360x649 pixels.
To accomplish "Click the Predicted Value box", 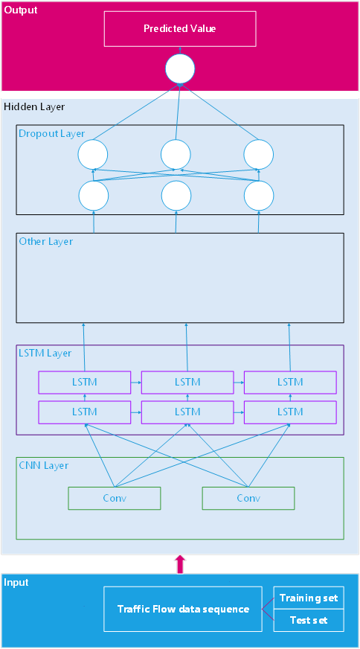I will pyautogui.click(x=179, y=28).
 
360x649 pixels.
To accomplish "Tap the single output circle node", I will pyautogui.click(x=179, y=69).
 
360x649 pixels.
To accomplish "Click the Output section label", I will pyautogui.click(x=20, y=10).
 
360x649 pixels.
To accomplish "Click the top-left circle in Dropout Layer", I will pyautogui.click(x=93, y=155).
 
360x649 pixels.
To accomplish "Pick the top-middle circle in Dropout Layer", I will pyautogui.click(x=176, y=155).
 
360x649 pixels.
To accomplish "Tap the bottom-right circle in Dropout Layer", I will pyautogui.click(x=259, y=196).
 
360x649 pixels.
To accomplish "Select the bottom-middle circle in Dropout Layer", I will pyautogui.click(x=176, y=196).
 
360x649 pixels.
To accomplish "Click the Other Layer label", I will pyautogui.click(x=45, y=242).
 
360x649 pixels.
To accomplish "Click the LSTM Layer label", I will pyautogui.click(x=45, y=353).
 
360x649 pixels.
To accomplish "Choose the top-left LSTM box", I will pyautogui.click(x=84, y=383).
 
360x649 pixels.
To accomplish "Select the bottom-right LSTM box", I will pyautogui.click(x=290, y=412).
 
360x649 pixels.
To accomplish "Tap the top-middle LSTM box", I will pyautogui.click(x=187, y=383).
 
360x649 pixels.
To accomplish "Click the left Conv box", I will pyautogui.click(x=114, y=499).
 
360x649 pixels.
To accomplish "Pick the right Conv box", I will pyautogui.click(x=248, y=499).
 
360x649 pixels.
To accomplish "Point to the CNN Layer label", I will pyautogui.click(x=43, y=466).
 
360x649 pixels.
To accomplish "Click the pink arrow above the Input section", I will pyautogui.click(x=179, y=563).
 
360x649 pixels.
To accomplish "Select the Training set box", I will pyautogui.click(x=308, y=598).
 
